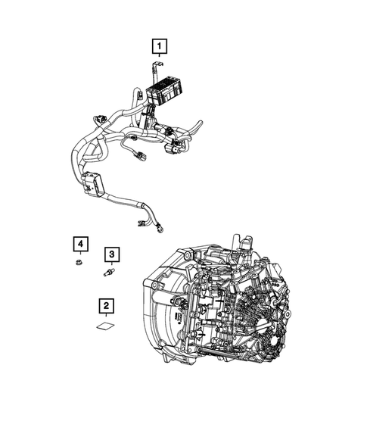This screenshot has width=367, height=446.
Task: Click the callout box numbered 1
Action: pos(158,47)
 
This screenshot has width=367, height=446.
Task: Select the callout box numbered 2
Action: pos(107,306)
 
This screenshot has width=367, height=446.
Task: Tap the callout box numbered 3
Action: pos(113,254)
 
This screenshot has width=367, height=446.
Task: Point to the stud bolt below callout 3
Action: pos(110,272)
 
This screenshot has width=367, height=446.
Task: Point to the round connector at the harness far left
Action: pos(99,119)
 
